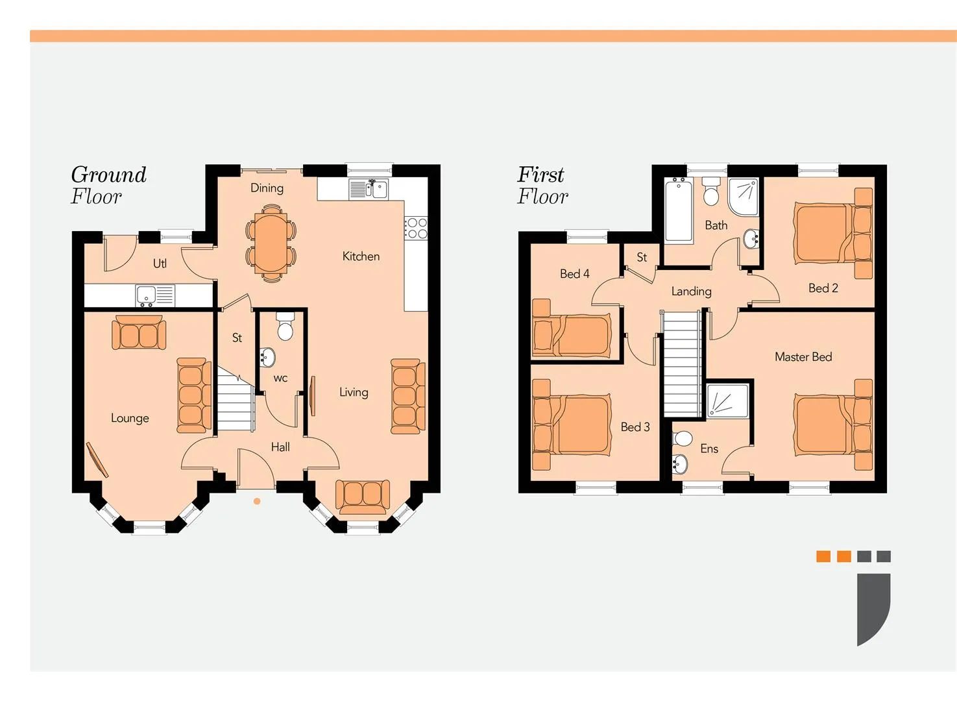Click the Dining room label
pos(267,188)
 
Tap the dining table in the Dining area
pos(271,243)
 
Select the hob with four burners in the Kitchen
pos(416,228)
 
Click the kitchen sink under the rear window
pos(369,189)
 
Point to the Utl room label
pos(160,264)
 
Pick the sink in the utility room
pos(154,295)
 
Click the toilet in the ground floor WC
pos(285,326)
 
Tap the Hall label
pos(280,447)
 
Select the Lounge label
pos(130,418)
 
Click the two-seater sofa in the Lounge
pos(139,332)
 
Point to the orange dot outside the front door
pos(257,501)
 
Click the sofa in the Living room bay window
pos(363,497)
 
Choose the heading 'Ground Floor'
pos(108,186)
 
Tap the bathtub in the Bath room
pos(679,210)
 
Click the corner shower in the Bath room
pos(744,197)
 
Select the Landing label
pos(691,291)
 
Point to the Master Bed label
pos(803,357)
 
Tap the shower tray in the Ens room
pos(728,400)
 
